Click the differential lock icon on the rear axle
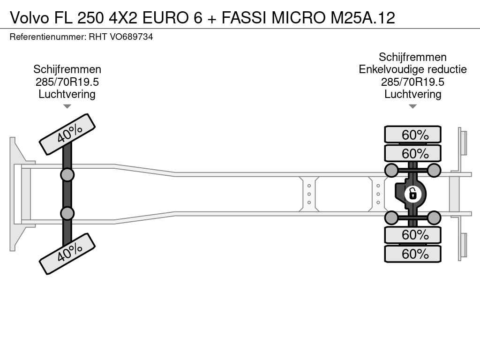point(412,194)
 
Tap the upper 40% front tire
point(67,135)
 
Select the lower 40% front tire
point(67,254)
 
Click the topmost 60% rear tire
point(412,135)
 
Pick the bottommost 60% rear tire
point(412,254)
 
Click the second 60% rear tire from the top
point(412,153)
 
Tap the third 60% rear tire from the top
point(412,235)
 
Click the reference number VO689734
point(131,37)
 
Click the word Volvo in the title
point(30,18)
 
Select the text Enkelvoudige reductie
point(412,69)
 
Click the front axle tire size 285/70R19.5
point(67,82)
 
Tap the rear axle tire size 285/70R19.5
point(412,82)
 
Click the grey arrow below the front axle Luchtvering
point(67,106)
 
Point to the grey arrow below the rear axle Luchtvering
point(412,106)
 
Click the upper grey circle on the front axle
point(67,175)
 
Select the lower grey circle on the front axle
point(67,213)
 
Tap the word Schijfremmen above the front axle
point(67,69)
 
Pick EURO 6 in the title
point(172,18)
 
